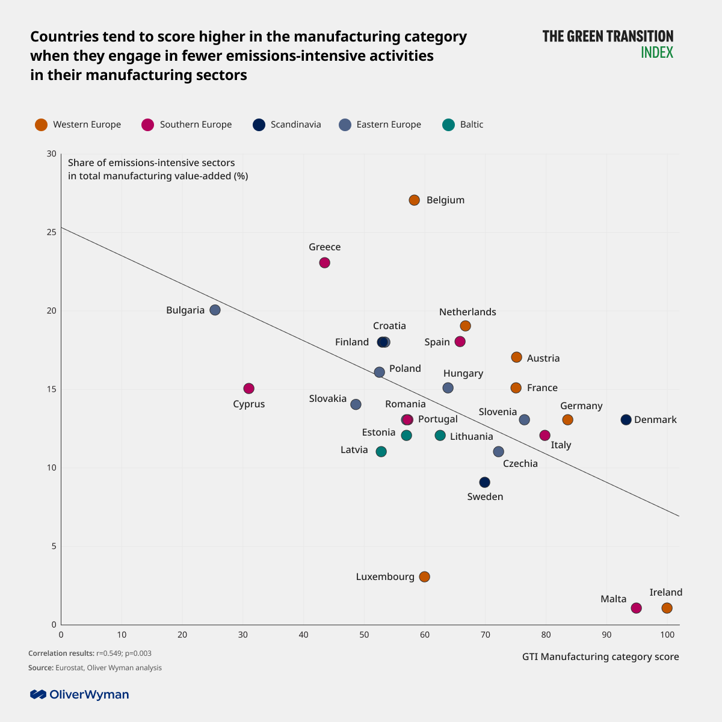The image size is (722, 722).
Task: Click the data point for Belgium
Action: click(414, 200)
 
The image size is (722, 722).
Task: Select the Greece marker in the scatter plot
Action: click(324, 263)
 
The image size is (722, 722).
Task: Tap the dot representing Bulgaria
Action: click(215, 310)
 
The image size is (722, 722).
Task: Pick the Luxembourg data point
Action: click(424, 577)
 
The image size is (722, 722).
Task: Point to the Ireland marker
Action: click(667, 608)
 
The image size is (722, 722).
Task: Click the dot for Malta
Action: click(636, 608)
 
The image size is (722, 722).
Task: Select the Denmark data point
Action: click(626, 420)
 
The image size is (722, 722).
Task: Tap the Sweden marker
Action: click(484, 483)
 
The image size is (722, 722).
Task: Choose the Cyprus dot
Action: click(248, 389)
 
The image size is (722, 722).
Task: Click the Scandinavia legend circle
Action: click(259, 125)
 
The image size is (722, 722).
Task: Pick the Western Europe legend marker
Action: click(41, 125)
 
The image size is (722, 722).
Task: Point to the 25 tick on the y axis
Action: click(52, 232)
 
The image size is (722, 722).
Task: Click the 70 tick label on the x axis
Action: click(485, 635)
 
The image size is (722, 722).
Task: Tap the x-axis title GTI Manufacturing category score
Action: click(600, 657)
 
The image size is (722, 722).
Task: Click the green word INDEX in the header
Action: click(656, 52)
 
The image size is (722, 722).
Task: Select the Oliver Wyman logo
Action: click(79, 695)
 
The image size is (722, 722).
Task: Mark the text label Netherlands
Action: click(467, 312)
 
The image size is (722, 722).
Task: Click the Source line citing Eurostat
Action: click(95, 668)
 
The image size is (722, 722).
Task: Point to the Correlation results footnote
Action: click(90, 653)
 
